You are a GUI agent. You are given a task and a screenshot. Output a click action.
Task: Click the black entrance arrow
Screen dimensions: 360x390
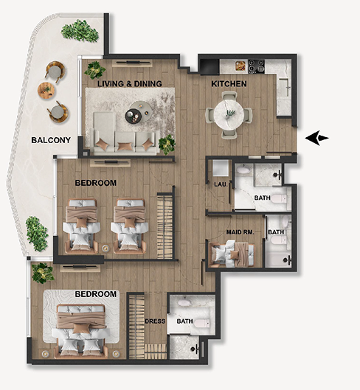[316, 138]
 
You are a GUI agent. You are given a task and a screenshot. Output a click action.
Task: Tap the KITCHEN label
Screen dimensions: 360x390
[229, 84]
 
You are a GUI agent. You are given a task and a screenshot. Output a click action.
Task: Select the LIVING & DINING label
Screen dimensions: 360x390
[130, 83]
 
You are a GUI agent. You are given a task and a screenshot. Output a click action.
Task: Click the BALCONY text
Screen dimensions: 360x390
[51, 140]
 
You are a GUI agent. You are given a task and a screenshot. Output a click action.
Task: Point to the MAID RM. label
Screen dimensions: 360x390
[240, 232]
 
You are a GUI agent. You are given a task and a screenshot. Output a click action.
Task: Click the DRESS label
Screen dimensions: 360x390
[155, 321]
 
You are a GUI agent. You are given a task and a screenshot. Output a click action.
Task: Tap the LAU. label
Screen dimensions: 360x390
[221, 184]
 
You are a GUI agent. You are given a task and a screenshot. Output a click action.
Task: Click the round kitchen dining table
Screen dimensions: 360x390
[229, 114]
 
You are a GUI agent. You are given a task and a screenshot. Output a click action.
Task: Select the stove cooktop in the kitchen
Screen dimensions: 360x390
[256, 66]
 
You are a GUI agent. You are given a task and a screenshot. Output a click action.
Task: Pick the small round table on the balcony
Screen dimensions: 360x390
[46, 90]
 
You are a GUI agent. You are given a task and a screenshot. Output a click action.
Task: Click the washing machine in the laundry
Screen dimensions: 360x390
[221, 168]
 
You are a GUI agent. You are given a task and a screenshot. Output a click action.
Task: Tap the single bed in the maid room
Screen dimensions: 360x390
[232, 254]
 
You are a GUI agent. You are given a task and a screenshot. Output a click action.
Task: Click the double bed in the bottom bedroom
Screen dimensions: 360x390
[81, 331]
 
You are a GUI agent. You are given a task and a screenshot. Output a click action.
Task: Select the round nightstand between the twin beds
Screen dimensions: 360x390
[105, 248]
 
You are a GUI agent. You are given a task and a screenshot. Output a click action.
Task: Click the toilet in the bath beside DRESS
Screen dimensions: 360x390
[202, 323]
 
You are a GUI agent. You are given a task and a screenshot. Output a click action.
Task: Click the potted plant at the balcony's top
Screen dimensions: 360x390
[80, 30]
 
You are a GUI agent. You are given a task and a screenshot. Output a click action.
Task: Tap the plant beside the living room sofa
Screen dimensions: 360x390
[167, 144]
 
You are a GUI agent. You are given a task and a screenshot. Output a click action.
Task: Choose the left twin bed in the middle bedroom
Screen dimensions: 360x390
[81, 226]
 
